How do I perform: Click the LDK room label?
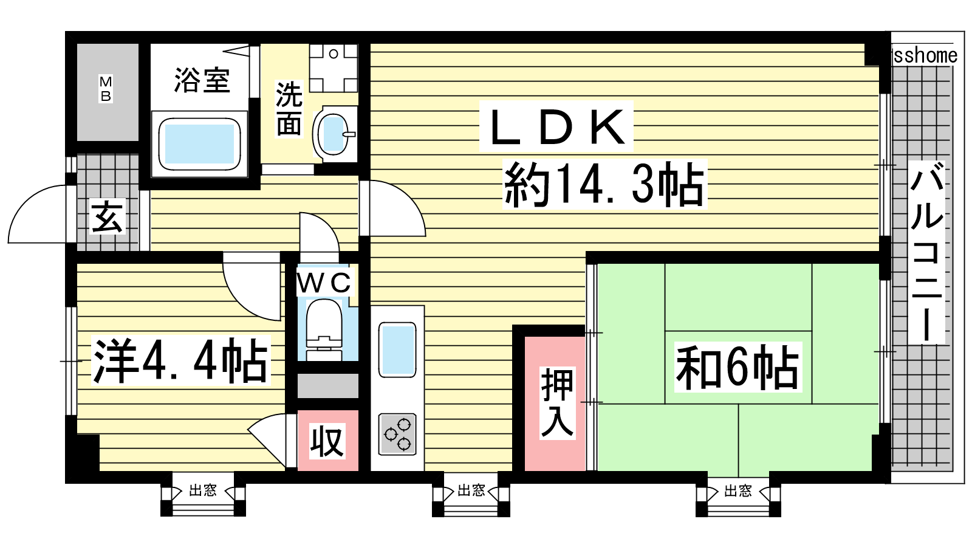click(x=556, y=127)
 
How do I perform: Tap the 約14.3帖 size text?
click(x=604, y=184)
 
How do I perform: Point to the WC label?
click(x=324, y=283)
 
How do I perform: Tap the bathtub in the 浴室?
click(x=199, y=144)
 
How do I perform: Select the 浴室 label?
click(x=202, y=80)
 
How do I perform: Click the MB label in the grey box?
click(x=106, y=89)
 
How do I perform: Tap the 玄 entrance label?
click(x=108, y=217)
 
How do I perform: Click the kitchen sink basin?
click(x=397, y=350)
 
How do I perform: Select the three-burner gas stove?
click(x=397, y=434)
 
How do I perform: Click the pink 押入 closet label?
click(x=556, y=402)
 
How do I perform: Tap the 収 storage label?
click(x=327, y=441)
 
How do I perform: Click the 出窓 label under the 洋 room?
click(x=203, y=490)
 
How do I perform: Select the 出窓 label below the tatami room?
click(x=738, y=490)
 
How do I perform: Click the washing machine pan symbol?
click(x=333, y=67)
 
